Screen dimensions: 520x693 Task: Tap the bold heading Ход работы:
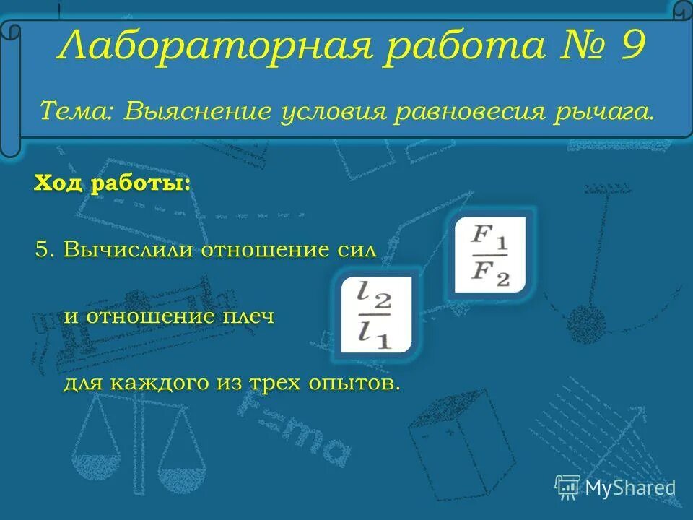point(112,183)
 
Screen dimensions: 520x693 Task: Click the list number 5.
point(44,251)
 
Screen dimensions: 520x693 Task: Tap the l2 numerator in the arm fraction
point(373,297)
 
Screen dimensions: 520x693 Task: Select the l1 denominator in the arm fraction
point(374,334)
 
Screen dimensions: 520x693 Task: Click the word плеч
point(249,316)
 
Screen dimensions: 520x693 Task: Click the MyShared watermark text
point(629,487)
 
